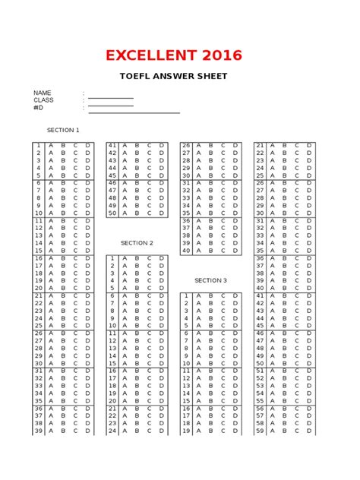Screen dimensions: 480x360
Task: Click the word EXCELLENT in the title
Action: [148, 55]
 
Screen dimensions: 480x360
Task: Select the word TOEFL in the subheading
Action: [137, 77]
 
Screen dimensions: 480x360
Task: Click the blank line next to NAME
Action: [111, 98]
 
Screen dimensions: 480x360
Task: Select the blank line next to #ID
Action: [134, 112]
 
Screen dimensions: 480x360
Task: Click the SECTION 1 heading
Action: [63, 130]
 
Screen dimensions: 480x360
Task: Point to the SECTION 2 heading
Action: [137, 243]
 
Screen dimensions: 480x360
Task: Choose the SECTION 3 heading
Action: [210, 280]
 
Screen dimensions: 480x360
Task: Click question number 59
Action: [260, 431]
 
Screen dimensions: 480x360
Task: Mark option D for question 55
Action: [309, 400]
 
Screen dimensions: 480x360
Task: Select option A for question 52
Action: [273, 378]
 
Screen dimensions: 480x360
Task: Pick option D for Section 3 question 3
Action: [235, 311]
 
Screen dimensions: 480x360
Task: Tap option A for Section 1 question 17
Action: [50, 266]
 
